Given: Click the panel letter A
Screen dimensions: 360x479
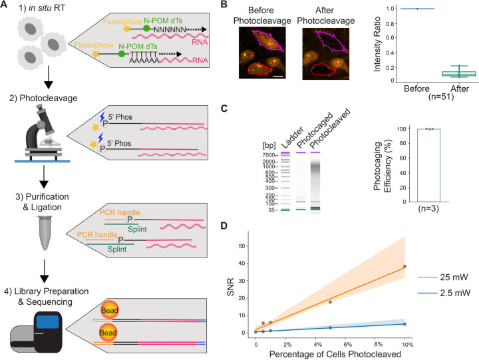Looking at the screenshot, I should click(6, 7).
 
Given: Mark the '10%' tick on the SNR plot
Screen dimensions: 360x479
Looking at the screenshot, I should click(404, 344).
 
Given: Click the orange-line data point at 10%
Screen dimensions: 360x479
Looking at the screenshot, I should click(404, 266).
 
